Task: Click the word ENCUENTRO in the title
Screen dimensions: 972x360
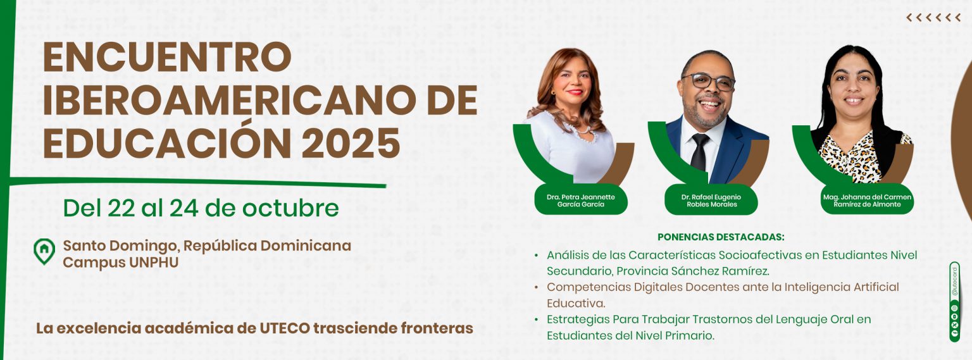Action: click(167, 57)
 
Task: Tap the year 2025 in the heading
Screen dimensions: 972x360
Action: click(350, 143)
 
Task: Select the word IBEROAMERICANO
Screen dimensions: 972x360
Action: click(230, 100)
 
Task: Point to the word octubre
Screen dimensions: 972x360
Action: click(290, 208)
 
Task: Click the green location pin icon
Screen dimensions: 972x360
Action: click(44, 251)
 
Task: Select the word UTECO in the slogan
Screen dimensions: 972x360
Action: click(285, 328)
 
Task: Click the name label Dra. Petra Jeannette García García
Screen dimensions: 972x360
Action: click(580, 201)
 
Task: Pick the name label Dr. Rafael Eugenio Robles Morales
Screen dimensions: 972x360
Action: click(711, 201)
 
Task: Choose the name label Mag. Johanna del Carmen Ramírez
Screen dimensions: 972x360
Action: click(867, 201)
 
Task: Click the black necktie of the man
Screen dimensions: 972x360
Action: click(699, 152)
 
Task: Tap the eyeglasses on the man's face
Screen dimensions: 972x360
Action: click(708, 81)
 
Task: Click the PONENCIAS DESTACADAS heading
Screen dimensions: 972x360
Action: click(721, 237)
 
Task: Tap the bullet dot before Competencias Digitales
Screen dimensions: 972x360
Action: click(537, 287)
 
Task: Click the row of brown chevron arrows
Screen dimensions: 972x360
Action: click(933, 17)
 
